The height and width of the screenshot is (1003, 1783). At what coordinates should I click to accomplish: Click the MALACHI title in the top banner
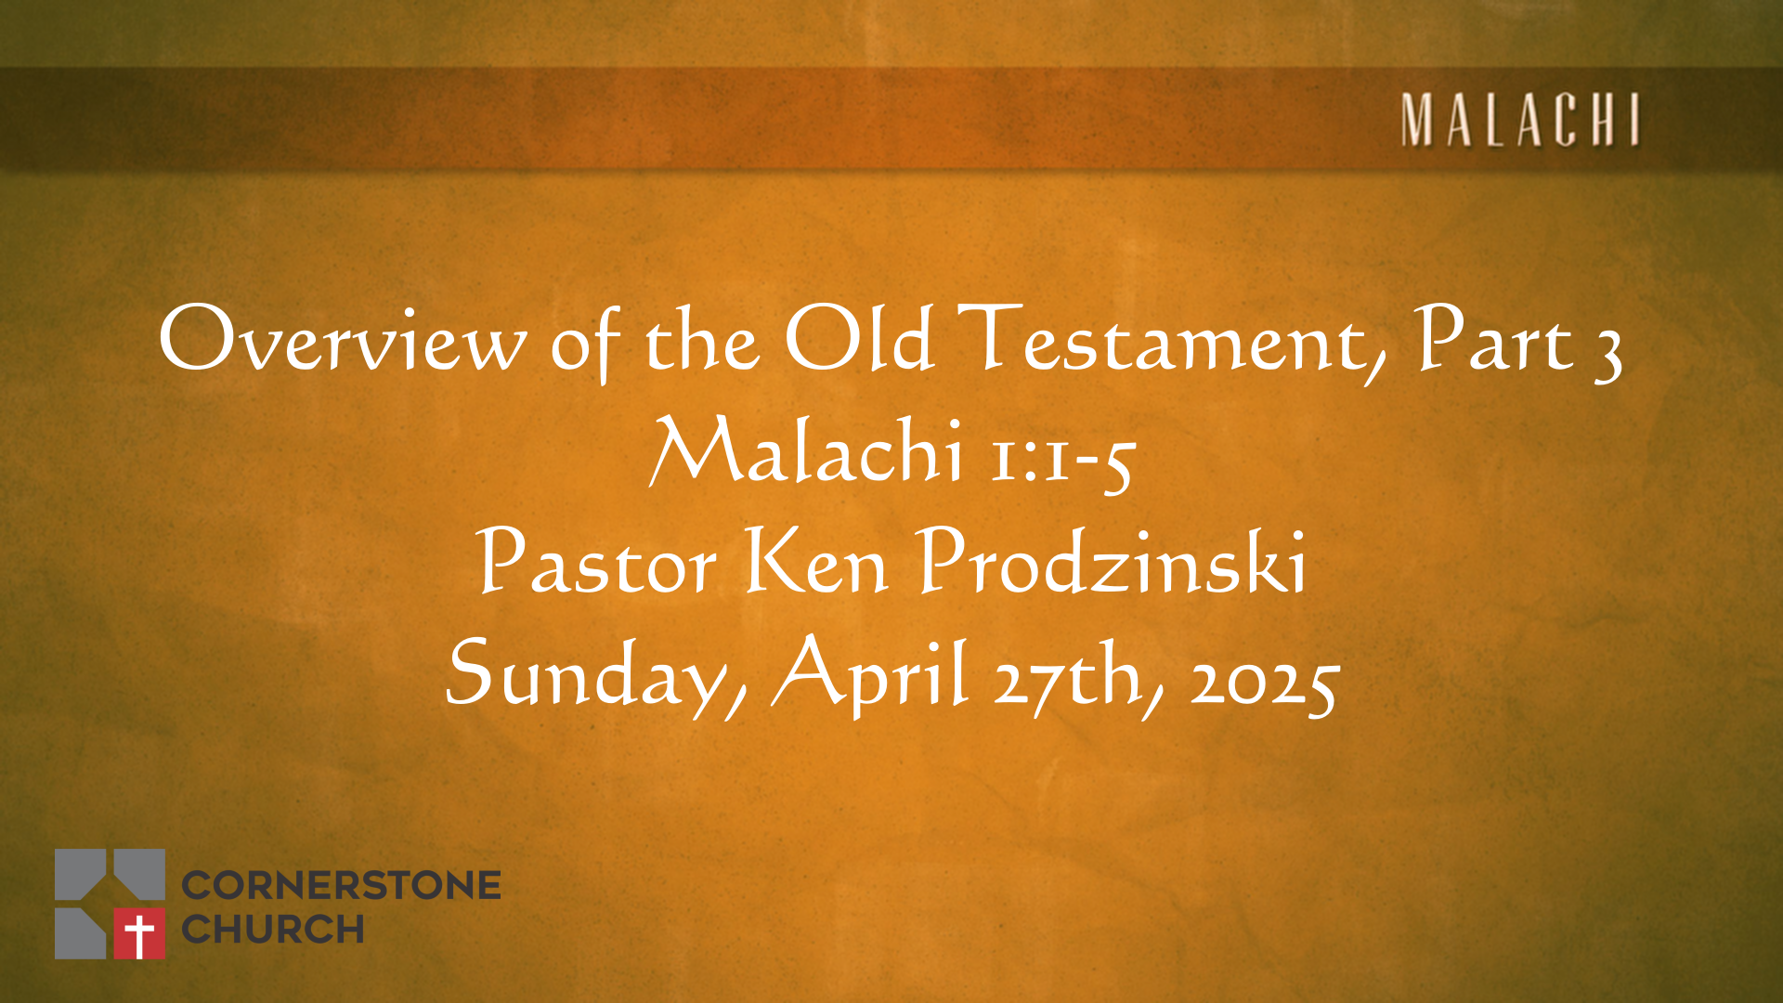pyautogui.click(x=1521, y=120)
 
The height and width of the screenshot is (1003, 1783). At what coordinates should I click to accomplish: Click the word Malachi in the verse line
pyautogui.click(x=806, y=449)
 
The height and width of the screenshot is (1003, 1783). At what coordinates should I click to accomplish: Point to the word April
pyautogui.click(x=871, y=674)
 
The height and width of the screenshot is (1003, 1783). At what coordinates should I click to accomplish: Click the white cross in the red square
pyautogui.click(x=139, y=934)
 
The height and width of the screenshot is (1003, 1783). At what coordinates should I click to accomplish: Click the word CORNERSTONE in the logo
pyautogui.click(x=341, y=885)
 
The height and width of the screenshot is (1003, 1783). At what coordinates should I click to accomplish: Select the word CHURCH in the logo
pyautogui.click(x=272, y=929)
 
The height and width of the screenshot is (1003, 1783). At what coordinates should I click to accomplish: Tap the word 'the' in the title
pyautogui.click(x=702, y=340)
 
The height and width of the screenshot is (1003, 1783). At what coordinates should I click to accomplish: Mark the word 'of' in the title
pyautogui.click(x=585, y=344)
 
